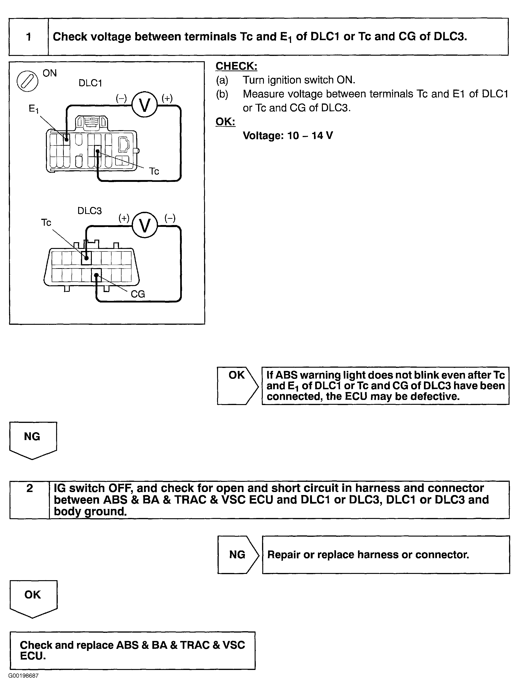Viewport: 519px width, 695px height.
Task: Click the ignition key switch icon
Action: [27, 81]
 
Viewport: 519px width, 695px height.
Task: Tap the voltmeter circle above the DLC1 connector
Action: [144, 105]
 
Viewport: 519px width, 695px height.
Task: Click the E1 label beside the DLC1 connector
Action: [33, 109]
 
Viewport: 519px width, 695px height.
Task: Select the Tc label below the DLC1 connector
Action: [154, 171]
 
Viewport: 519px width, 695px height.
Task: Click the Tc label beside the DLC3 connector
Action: [46, 222]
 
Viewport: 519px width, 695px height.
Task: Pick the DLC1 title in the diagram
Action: [90, 83]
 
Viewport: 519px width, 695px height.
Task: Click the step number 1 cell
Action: [29, 37]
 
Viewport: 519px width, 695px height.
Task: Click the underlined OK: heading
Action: [225, 122]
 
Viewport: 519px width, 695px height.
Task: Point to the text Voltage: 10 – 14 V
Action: [288, 135]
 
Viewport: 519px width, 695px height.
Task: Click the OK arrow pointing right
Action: [237, 385]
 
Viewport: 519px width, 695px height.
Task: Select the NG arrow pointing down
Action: [33, 439]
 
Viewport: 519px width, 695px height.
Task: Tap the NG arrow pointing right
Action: [238, 555]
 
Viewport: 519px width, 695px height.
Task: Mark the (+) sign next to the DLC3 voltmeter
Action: [124, 218]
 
